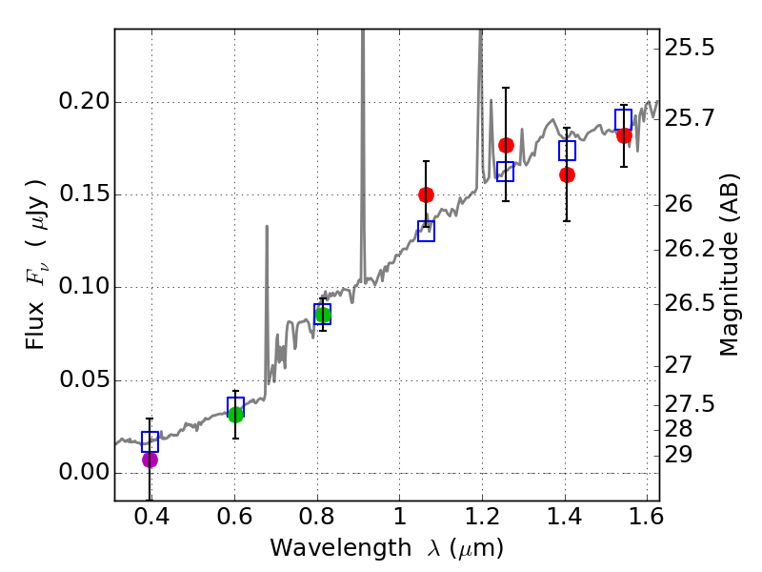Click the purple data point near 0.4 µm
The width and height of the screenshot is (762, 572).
pos(150,460)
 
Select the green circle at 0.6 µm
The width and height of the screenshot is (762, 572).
pos(235,414)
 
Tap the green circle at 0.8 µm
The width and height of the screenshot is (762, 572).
pos(323,315)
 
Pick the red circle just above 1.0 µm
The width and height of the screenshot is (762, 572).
pos(426,194)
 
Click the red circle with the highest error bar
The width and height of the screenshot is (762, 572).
pos(506,145)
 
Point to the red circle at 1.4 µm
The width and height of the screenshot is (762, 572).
pos(567,174)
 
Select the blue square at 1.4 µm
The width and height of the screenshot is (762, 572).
pos(568,151)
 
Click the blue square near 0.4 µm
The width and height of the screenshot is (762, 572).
pos(150,441)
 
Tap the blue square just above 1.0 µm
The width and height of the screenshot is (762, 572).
pos(427,231)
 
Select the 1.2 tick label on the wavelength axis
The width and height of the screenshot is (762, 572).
pos(482,519)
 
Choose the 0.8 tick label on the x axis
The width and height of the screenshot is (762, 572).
pos(316,519)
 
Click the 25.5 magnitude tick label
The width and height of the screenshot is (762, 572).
pos(690,47)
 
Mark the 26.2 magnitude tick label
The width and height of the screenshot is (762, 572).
pos(690,249)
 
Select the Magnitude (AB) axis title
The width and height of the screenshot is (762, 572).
pos(730,264)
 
